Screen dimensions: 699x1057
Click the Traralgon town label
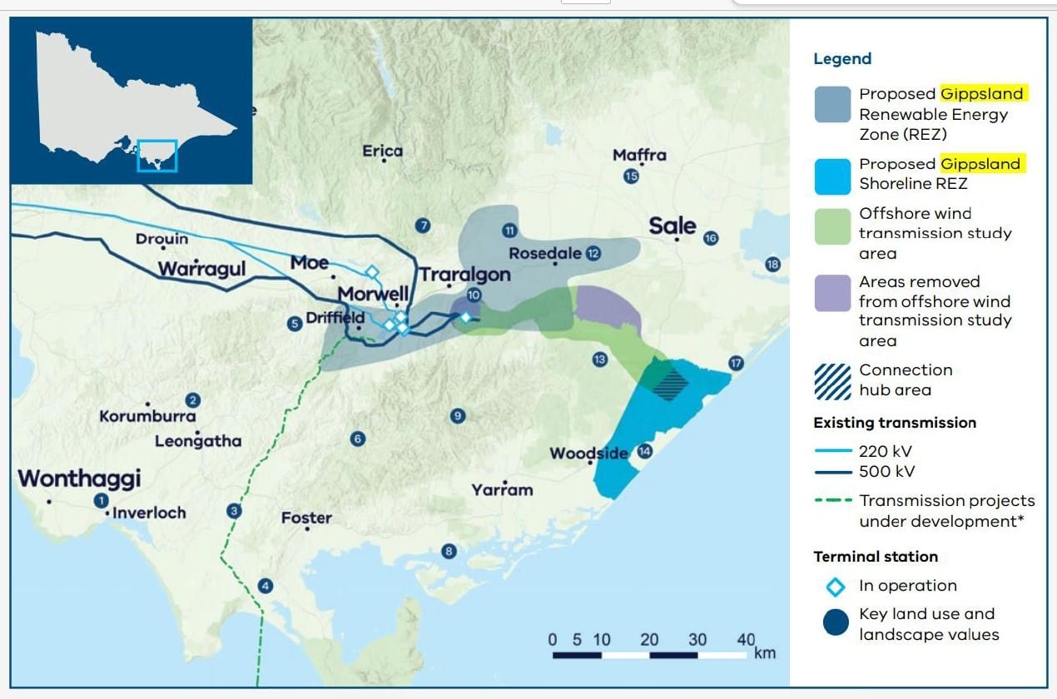tap(464, 275)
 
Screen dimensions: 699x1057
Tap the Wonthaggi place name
tap(79, 479)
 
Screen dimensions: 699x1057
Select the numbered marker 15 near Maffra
tap(631, 176)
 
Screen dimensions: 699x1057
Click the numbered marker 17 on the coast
tap(736, 363)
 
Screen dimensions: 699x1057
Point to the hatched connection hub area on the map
tap(670, 384)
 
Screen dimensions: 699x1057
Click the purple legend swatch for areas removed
tap(832, 293)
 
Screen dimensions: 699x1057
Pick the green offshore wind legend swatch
tap(832, 226)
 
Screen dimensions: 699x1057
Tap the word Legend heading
tap(842, 59)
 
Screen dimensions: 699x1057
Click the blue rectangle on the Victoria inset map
tap(157, 156)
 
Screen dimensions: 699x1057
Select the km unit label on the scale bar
tap(764, 653)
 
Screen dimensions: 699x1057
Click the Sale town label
tap(672, 226)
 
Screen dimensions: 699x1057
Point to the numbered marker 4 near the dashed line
tap(265, 585)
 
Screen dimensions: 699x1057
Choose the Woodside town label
tap(588, 454)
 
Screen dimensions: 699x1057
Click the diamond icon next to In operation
tap(836, 586)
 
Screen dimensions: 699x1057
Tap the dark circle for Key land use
tap(836, 622)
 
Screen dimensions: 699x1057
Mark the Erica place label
tap(382, 151)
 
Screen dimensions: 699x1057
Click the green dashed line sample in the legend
tap(832, 500)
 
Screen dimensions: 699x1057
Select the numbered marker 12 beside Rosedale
tap(593, 253)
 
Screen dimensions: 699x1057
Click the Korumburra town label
tap(147, 416)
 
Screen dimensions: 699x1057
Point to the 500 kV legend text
tap(886, 472)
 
